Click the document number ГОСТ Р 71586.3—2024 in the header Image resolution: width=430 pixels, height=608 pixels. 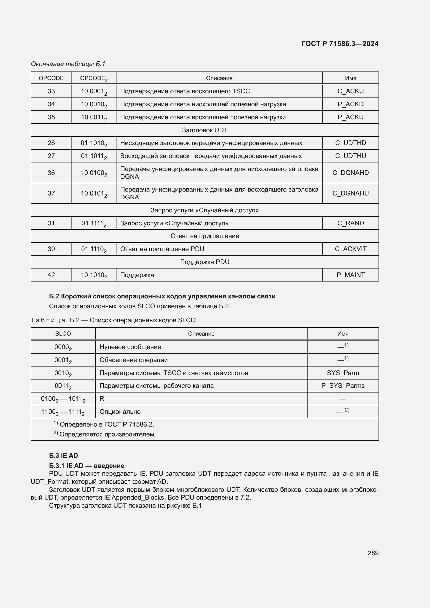(340, 44)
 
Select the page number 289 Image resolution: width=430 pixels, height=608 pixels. (373, 553)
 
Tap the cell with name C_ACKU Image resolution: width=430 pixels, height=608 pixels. (350, 91)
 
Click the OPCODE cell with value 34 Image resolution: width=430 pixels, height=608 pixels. (51, 104)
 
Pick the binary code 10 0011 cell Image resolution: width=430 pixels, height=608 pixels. (94, 117)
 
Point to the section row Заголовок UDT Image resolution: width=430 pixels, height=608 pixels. (204, 130)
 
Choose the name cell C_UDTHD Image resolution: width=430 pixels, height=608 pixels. (350, 143)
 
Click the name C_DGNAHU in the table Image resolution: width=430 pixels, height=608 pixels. (350, 193)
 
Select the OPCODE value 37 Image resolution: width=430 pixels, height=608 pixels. (51, 193)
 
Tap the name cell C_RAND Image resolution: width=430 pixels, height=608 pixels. (350, 223)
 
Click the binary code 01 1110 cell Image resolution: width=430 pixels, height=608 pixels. (94, 249)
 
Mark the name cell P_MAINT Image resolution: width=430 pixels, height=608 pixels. (350, 275)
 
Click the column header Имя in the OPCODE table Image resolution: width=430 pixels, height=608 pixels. (350, 78)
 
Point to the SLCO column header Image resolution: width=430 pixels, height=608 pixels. (63, 334)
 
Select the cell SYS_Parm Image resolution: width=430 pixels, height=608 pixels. (343, 373)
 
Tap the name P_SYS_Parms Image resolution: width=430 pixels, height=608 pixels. (343, 385)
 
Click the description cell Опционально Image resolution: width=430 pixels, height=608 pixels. (120, 411)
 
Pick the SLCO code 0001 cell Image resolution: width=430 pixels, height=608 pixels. (63, 360)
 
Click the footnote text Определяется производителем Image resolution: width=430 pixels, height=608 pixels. (108, 434)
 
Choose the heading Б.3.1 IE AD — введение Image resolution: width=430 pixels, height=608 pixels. (87, 466)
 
